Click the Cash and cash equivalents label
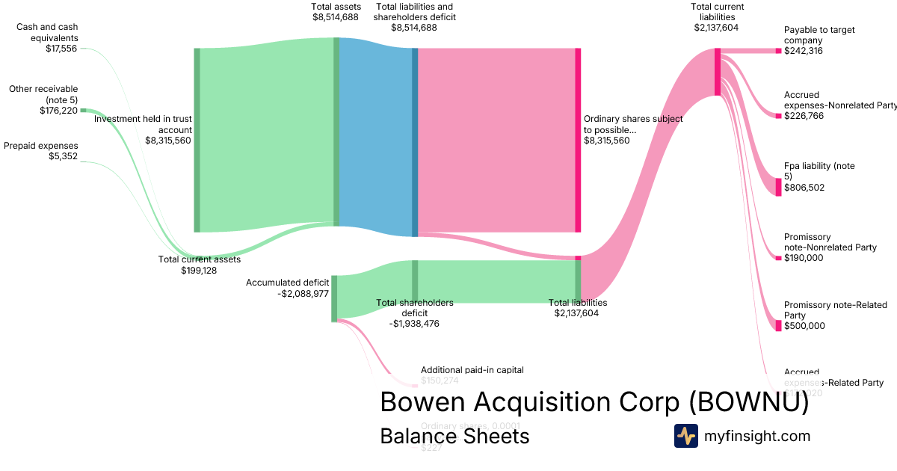(x=47, y=32)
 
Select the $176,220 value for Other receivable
(x=58, y=110)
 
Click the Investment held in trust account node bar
(x=197, y=140)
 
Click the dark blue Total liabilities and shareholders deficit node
(x=415, y=142)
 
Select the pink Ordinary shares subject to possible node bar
(x=578, y=140)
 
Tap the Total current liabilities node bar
(x=718, y=72)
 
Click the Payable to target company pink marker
(x=778, y=51)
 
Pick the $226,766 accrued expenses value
(x=804, y=116)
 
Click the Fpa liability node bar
(x=778, y=187)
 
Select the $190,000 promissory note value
(x=804, y=258)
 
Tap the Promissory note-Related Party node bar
(x=778, y=325)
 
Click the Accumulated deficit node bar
(x=334, y=298)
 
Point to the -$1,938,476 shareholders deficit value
(x=415, y=324)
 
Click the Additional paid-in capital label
(x=472, y=369)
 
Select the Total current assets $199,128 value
(x=199, y=270)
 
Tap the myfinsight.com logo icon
(x=685, y=436)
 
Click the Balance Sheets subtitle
(x=454, y=436)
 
